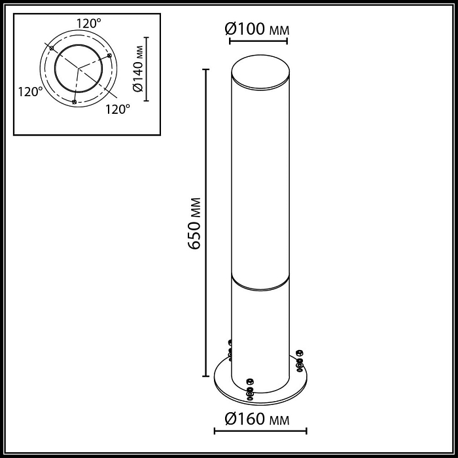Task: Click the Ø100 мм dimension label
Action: tap(256, 29)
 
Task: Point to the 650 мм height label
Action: tap(194, 223)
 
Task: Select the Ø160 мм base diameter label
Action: tap(256, 418)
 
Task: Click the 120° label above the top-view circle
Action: tap(88, 24)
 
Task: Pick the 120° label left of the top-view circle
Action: tap(30, 92)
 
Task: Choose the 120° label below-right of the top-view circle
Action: tap(118, 109)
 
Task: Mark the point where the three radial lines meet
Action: tap(79, 68)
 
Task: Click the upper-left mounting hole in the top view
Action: tap(51, 48)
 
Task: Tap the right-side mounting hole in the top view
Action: tap(110, 56)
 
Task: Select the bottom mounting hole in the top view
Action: tap(75, 102)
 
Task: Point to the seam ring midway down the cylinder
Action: tap(260, 283)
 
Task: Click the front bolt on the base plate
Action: tap(249, 389)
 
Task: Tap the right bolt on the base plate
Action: tap(300, 360)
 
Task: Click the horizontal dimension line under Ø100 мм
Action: tap(258, 41)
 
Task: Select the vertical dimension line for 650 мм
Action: tap(207, 223)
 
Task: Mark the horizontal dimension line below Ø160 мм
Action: tap(260, 431)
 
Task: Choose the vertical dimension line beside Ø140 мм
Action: tap(147, 69)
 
